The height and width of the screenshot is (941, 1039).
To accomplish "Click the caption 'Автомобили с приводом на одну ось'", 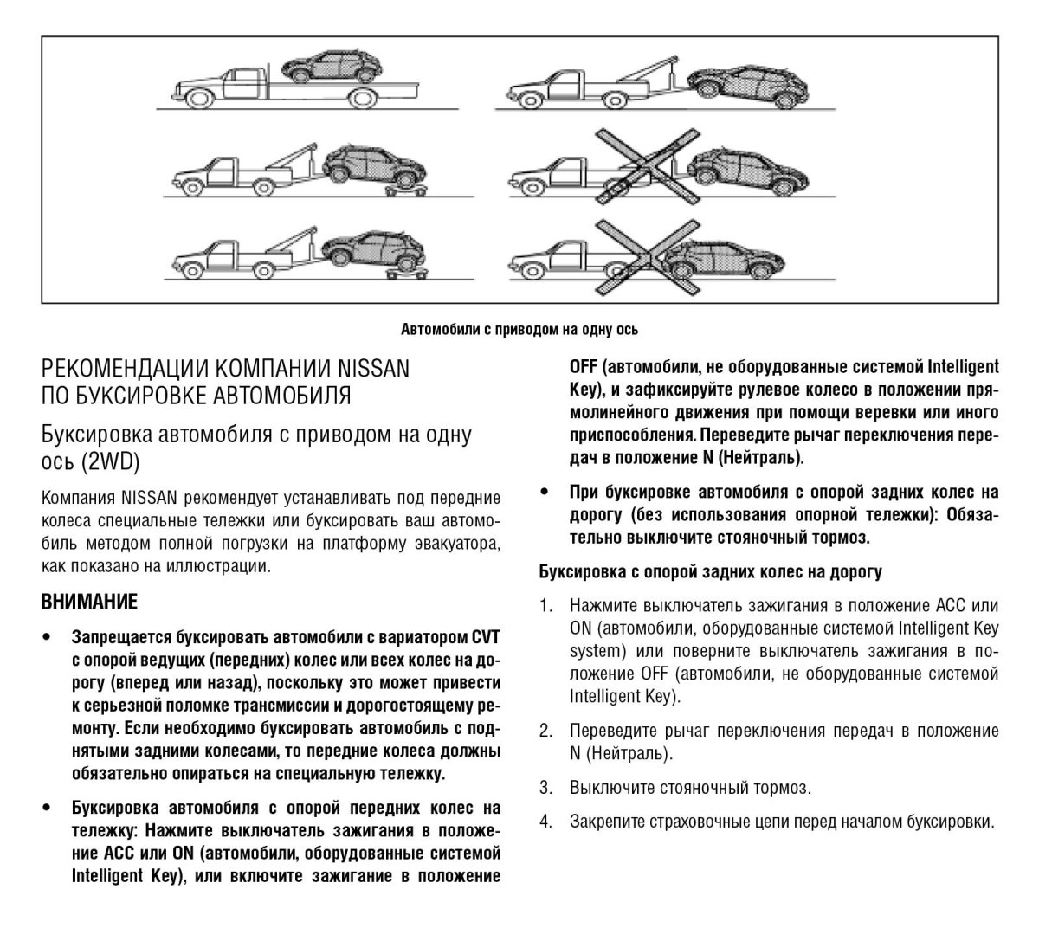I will (x=519, y=329).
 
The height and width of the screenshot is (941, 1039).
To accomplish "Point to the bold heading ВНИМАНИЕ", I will (x=89, y=600).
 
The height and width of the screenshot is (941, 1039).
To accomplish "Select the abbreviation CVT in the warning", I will (x=486, y=637).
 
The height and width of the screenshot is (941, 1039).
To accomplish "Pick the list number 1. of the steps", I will (x=545, y=605).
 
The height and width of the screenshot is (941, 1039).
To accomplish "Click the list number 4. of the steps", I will (x=545, y=821).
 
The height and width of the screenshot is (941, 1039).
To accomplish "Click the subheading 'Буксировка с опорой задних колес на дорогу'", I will (x=711, y=571).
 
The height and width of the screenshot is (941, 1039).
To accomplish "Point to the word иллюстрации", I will (x=223, y=567).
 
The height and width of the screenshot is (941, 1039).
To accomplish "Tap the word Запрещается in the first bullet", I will (x=121, y=637).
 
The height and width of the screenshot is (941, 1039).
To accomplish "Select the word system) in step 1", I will (x=596, y=650).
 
